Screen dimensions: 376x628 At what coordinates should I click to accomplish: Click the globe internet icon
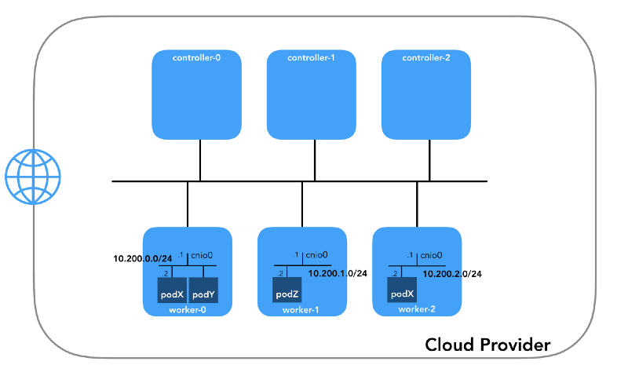(x=32, y=175)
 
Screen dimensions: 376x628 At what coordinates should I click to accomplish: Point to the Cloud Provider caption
(x=487, y=345)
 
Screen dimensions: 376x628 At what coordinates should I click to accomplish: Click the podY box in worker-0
(x=203, y=294)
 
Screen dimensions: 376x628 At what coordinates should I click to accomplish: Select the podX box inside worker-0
(x=172, y=294)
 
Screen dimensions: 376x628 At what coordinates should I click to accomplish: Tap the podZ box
(x=286, y=294)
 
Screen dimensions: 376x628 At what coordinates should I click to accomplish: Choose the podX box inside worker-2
(x=401, y=294)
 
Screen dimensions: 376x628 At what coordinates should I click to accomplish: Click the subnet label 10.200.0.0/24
(x=143, y=258)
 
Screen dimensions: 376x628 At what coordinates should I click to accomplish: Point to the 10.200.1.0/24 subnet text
(x=338, y=274)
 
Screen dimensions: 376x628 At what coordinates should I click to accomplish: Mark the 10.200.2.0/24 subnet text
(x=453, y=274)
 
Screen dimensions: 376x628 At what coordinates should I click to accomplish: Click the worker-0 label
(x=188, y=310)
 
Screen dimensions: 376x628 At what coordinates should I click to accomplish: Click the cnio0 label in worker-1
(x=317, y=255)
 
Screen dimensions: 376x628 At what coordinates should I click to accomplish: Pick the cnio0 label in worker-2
(x=432, y=255)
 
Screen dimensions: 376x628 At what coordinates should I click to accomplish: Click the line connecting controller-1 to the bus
(x=315, y=160)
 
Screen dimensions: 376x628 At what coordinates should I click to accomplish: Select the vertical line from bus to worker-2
(x=417, y=204)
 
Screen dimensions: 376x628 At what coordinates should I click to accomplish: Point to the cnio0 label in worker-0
(x=203, y=255)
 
